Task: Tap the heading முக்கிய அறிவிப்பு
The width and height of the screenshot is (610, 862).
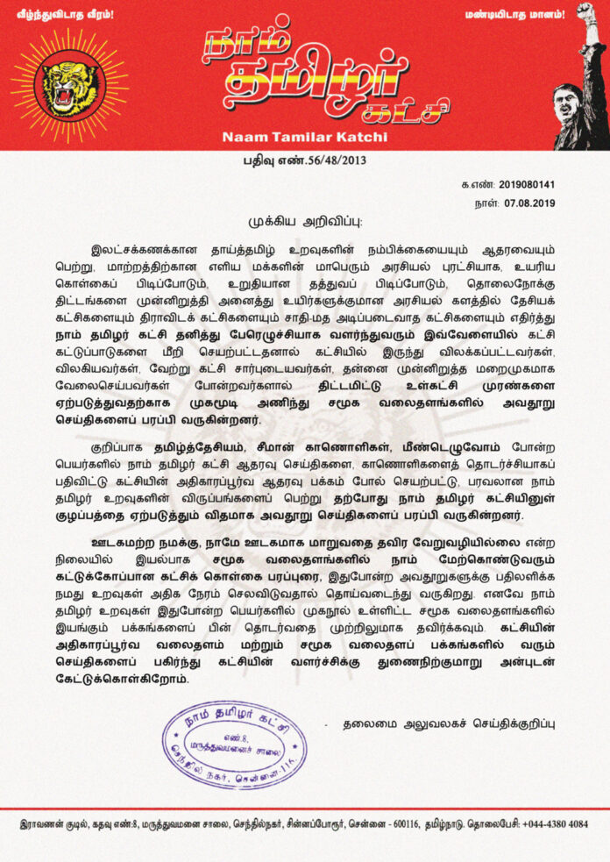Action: tap(303, 219)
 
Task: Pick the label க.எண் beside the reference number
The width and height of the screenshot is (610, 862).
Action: tap(476, 186)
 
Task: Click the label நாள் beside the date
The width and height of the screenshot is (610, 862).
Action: tap(485, 203)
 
